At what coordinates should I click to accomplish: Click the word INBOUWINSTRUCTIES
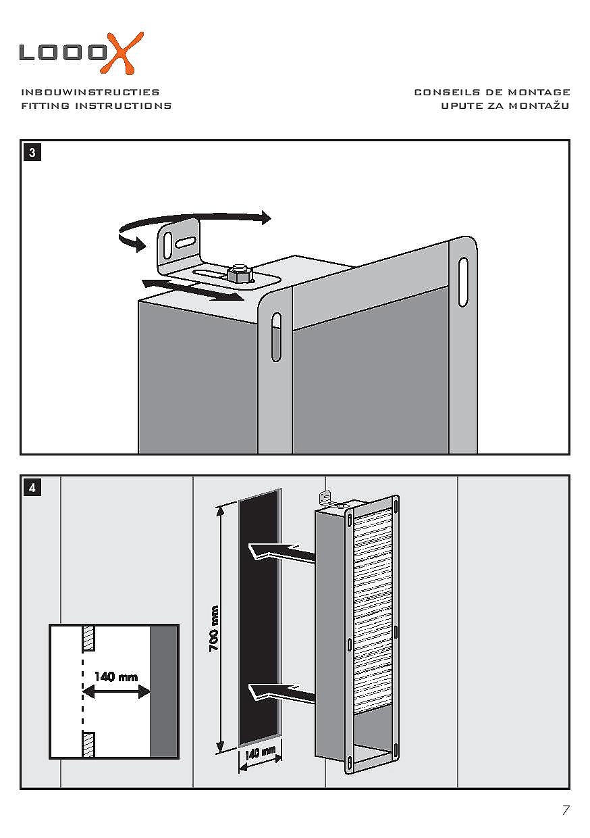pos(90,92)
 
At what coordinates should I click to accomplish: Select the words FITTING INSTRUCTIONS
pos(97,105)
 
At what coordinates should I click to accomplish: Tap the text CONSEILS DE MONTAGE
pos(492,92)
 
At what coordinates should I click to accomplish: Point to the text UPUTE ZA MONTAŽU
pos(506,105)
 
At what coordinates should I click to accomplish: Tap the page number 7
pos(566,810)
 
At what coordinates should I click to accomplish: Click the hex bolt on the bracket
pos(240,274)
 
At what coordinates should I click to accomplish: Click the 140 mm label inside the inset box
pos(116,676)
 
